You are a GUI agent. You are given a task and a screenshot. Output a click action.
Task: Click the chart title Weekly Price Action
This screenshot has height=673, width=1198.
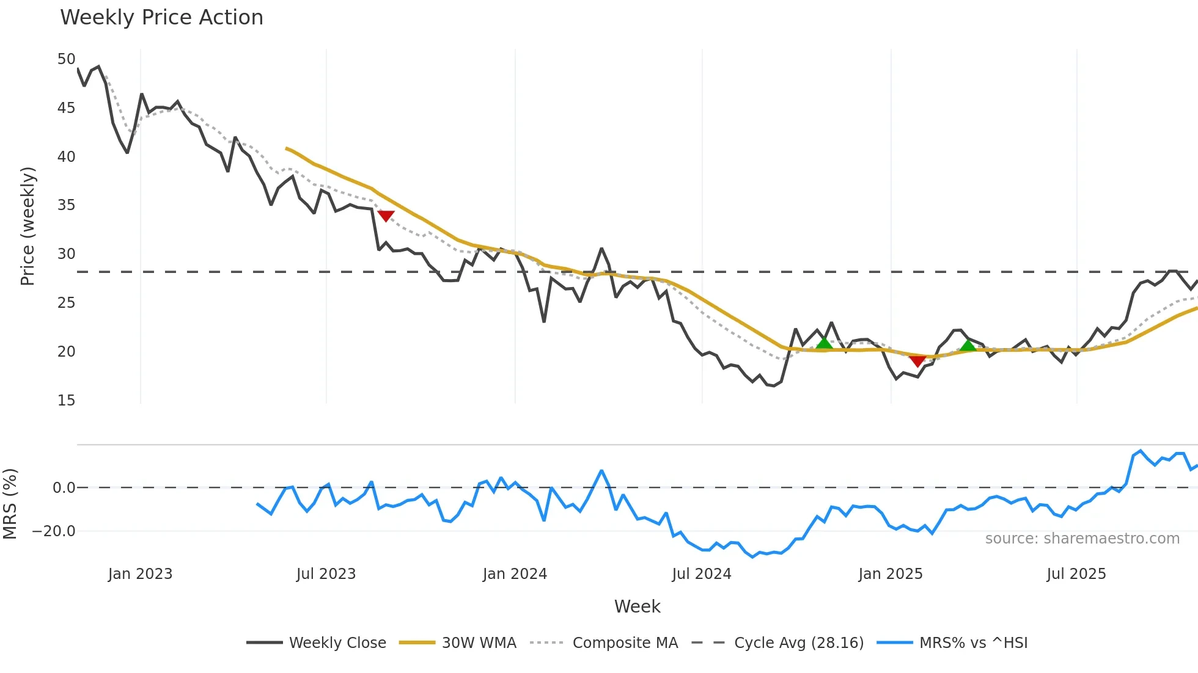(161, 18)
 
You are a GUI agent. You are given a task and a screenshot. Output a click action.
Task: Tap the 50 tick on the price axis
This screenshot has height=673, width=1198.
(66, 59)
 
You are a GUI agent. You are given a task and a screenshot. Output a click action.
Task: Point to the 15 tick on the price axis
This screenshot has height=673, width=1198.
(66, 401)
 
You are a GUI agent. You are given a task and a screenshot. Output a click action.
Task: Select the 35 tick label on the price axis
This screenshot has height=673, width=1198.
(66, 205)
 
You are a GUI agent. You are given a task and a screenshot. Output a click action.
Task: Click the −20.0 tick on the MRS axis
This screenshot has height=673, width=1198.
(54, 531)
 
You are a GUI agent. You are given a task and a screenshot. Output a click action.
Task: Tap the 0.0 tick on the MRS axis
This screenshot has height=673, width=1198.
(64, 488)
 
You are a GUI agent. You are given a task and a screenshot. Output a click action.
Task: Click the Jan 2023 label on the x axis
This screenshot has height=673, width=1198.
(140, 574)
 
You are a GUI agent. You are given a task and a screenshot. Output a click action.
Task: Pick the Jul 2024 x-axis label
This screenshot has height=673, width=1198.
(701, 574)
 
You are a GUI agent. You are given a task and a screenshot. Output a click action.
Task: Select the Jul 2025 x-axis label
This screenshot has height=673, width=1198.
(1076, 574)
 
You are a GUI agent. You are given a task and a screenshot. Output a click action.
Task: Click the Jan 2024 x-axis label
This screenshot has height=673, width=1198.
(515, 574)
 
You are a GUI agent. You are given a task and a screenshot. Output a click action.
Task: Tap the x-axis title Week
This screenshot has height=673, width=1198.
(637, 606)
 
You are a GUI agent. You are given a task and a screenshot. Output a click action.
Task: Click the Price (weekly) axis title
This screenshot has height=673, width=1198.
(28, 226)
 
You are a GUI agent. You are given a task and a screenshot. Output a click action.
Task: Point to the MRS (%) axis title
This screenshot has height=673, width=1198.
(10, 504)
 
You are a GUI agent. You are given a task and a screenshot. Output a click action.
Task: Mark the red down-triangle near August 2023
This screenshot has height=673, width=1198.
(386, 216)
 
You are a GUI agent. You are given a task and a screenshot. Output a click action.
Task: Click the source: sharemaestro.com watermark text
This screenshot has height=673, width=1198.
(1082, 539)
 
